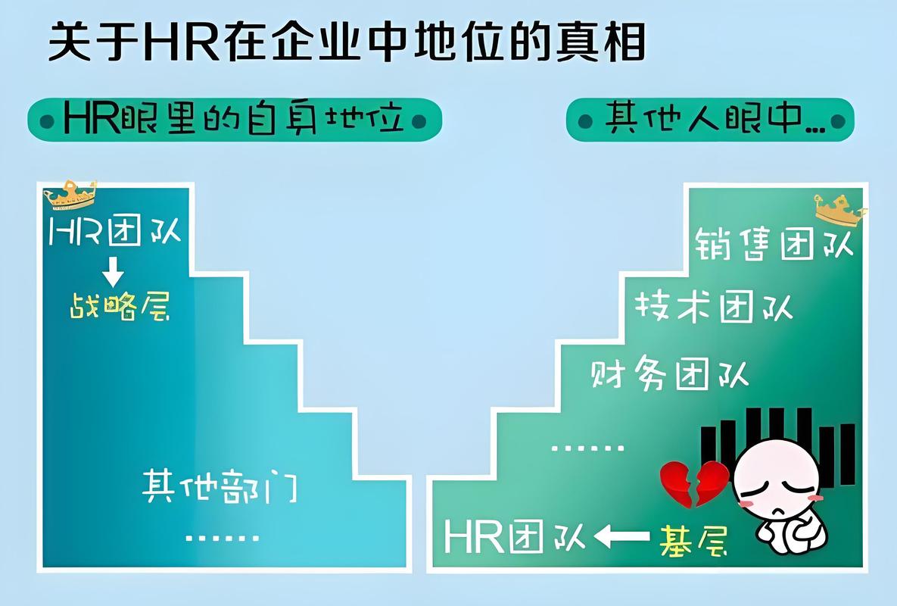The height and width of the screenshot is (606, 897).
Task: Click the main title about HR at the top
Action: click(x=346, y=42)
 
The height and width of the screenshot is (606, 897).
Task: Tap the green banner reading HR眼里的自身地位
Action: click(x=234, y=120)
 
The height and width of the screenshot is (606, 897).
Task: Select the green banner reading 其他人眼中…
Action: click(x=709, y=120)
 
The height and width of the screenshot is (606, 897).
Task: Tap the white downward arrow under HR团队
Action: click(x=114, y=271)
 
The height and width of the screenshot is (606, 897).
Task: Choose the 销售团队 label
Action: click(x=774, y=245)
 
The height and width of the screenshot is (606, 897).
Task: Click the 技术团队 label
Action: click(x=713, y=307)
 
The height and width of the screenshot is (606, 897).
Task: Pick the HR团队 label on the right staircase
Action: click(x=515, y=537)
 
